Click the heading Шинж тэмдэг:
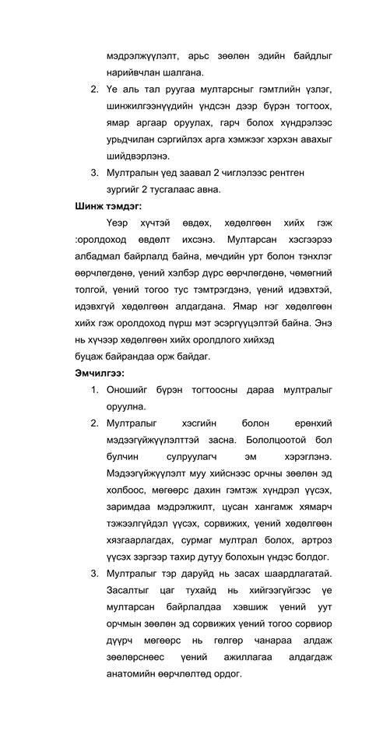(108, 206)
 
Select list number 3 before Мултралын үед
(94, 172)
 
